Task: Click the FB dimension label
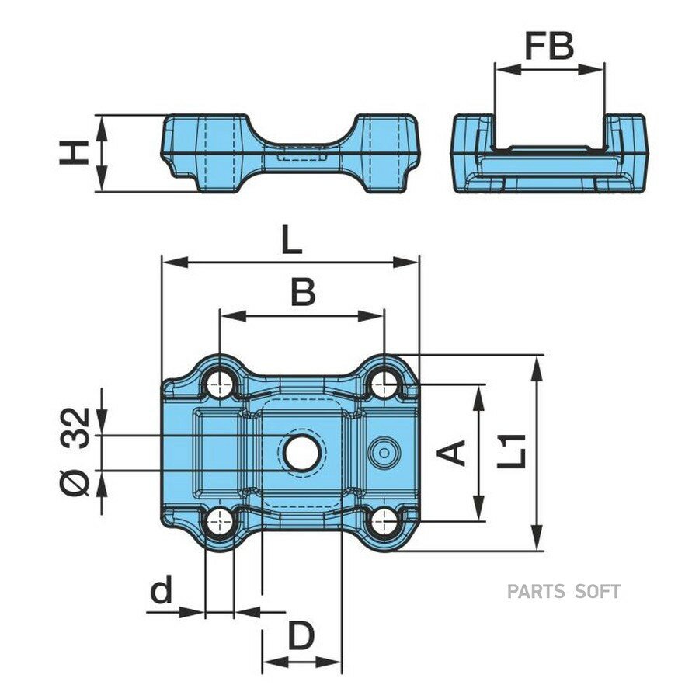[549, 46]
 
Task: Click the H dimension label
[74, 153]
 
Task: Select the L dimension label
[292, 242]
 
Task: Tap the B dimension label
[303, 293]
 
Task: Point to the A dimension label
[451, 453]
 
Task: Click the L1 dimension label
[512, 451]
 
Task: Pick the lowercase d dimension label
[161, 589]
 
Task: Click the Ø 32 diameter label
[75, 451]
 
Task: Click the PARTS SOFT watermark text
[564, 592]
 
